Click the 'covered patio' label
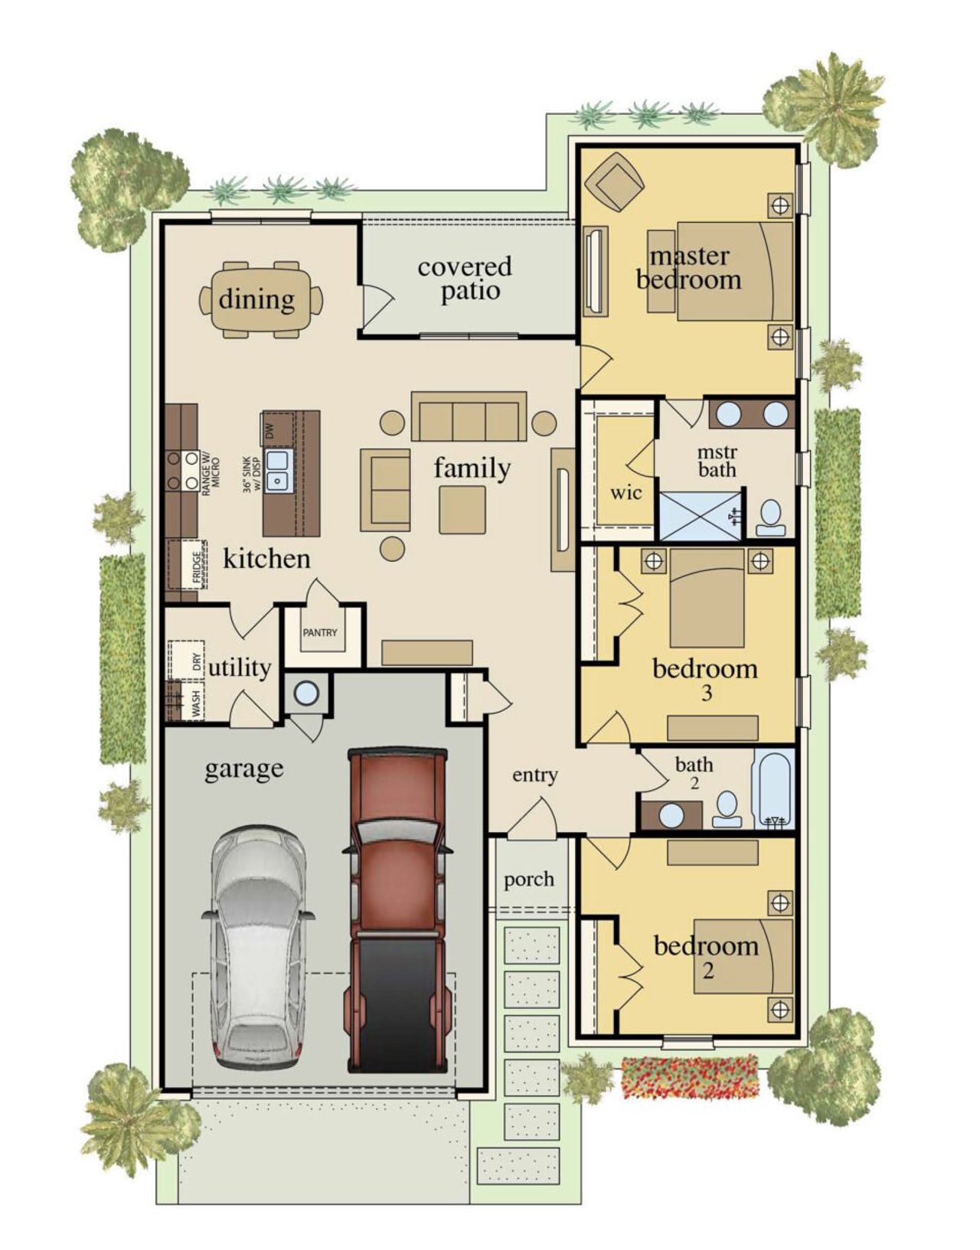pyautogui.click(x=465, y=279)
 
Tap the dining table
pyautogui.click(x=260, y=299)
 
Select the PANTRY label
pyautogui.click(x=320, y=633)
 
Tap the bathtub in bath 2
pyautogui.click(x=775, y=789)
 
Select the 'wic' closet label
pyautogui.click(x=626, y=493)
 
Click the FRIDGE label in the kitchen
pyautogui.click(x=197, y=568)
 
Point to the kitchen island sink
pyautogui.click(x=277, y=469)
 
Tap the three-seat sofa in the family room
pyautogui.click(x=469, y=417)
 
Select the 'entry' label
pyautogui.click(x=534, y=775)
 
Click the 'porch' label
pyautogui.click(x=529, y=879)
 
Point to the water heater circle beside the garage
pyautogui.click(x=306, y=694)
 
